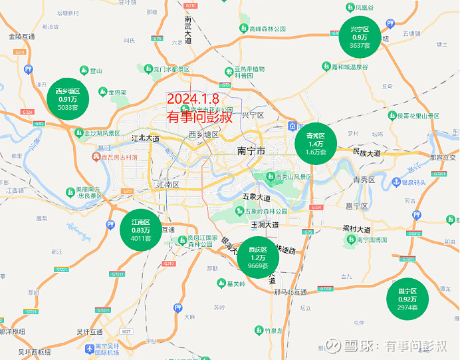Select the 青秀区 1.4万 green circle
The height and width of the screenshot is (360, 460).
[315, 144]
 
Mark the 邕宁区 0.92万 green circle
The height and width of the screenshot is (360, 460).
[407, 299]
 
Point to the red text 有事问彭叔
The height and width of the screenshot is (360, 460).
[199, 117]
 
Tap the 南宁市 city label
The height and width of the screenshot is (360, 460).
[251, 152]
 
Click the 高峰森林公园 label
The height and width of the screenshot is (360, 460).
[267, 29]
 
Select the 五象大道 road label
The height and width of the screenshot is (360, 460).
[257, 198]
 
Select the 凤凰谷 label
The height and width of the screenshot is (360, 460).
[364, 7]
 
